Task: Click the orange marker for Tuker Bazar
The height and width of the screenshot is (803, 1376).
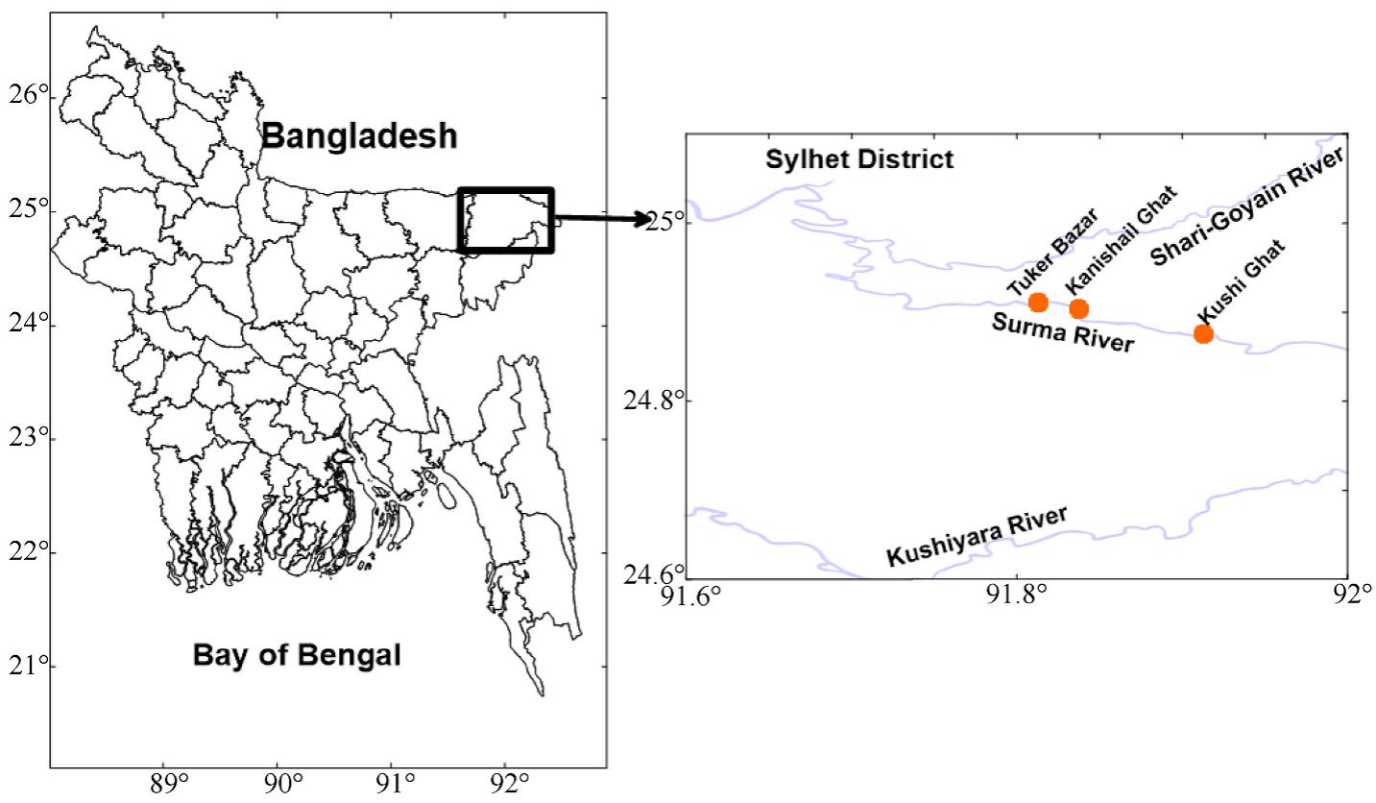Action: click(x=1038, y=303)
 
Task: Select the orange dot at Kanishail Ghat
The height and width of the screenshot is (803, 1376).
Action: click(x=1078, y=308)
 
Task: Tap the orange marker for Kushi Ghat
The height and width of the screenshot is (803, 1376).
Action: click(x=1203, y=333)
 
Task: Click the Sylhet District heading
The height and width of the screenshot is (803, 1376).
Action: click(x=859, y=159)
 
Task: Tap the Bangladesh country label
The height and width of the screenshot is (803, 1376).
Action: click(x=359, y=136)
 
